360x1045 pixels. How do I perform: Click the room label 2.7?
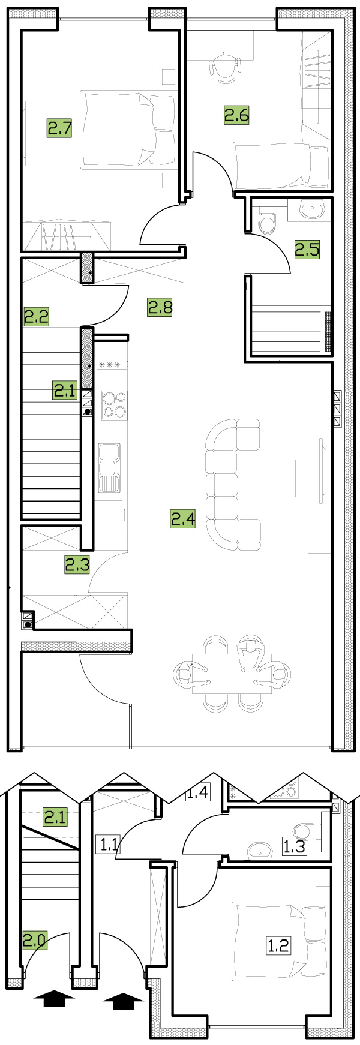point(60,128)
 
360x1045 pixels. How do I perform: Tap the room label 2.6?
point(236,114)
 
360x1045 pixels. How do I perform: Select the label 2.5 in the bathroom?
point(307,248)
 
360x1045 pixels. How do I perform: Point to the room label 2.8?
point(160,307)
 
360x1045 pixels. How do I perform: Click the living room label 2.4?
point(183,518)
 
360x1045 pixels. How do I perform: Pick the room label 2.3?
point(77,564)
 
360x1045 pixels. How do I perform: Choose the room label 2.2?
point(36,316)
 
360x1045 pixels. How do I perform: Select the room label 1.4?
point(197,792)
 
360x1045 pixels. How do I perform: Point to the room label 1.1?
point(109,845)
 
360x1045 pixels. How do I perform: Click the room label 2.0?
point(35,940)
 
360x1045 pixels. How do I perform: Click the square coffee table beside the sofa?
point(278,478)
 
